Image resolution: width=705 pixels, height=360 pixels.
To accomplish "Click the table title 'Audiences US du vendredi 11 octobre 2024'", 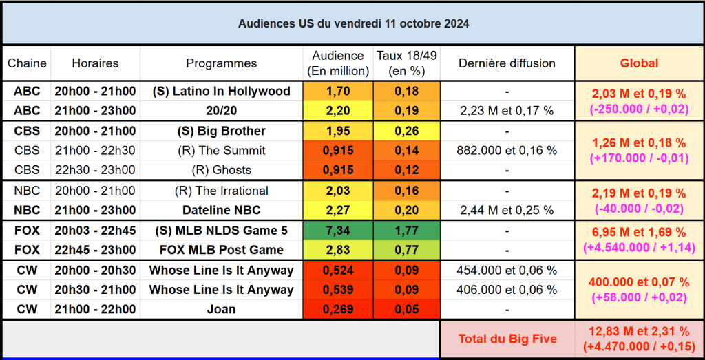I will [354, 23].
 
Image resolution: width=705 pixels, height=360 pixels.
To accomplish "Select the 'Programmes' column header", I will [221, 63].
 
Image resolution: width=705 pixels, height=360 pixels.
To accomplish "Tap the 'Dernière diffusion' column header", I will [507, 63].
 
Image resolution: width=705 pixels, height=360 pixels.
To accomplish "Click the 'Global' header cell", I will [639, 63].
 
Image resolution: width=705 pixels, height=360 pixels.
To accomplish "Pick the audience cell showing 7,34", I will [338, 231].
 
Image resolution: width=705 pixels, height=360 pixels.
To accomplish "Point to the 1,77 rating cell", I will [406, 231].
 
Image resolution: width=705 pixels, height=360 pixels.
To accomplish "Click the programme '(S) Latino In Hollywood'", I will [221, 91].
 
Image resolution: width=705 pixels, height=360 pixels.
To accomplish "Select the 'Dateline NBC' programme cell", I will [221, 211].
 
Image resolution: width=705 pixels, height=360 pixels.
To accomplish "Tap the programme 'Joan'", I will [221, 310].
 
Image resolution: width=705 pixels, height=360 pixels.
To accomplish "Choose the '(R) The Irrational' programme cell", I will [221, 191].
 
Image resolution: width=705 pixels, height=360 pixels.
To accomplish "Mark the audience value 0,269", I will [338, 310].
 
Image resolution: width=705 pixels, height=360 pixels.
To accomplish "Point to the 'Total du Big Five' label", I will [507, 339].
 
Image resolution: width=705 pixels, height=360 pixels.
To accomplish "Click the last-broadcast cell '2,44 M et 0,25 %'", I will [507, 211].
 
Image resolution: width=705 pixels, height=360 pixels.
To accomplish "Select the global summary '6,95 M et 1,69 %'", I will [639, 233].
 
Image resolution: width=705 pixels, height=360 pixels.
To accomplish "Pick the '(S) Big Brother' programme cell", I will [221, 131].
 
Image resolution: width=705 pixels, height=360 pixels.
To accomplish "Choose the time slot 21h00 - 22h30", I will [95, 151].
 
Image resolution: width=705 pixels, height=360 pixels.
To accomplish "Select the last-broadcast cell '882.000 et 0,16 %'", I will [507, 151].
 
